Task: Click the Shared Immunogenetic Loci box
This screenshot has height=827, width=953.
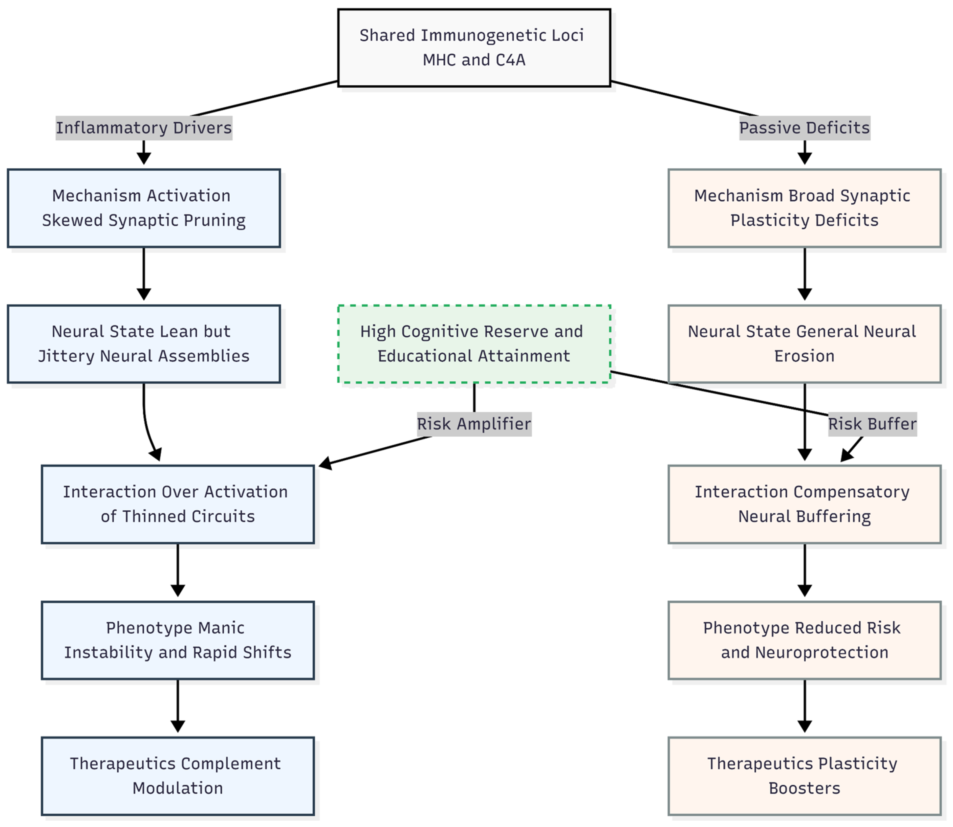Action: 474,48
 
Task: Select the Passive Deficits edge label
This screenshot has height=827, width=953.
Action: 804,128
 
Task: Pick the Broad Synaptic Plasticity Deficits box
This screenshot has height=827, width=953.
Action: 804,208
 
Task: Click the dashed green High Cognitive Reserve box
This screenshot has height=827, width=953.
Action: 474,344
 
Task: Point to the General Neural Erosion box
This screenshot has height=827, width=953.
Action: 804,344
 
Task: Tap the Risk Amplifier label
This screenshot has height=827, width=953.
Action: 474,424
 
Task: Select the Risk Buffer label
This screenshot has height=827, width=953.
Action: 872,424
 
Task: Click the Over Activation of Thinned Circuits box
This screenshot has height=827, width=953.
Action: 178,504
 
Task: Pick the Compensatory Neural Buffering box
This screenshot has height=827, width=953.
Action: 804,504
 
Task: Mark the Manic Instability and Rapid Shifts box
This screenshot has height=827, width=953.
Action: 178,640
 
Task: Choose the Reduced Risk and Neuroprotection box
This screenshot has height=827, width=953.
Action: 804,640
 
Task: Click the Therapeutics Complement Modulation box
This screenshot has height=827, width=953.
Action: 178,776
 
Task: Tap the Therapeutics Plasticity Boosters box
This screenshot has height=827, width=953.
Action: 804,776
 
